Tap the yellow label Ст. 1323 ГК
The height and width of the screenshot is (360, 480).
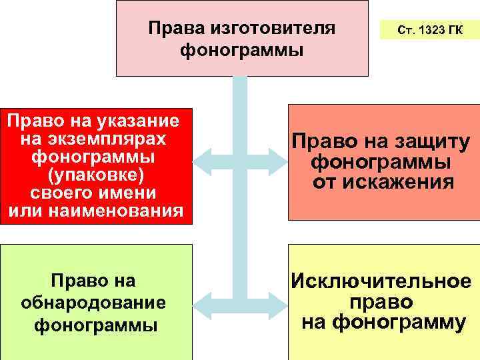point(429,30)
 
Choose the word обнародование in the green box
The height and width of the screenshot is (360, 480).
point(93,303)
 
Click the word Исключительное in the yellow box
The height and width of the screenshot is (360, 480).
point(381,282)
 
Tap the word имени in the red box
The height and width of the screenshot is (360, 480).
point(128,193)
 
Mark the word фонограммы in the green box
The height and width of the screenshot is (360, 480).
point(95,325)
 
